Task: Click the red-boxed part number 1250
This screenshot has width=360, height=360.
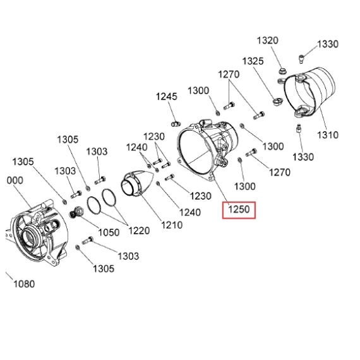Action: (x=239, y=210)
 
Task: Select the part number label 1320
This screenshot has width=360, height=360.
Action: (x=268, y=40)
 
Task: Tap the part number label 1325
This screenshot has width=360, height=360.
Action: (x=253, y=61)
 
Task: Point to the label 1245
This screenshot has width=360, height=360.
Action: (x=167, y=97)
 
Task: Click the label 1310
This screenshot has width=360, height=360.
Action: (x=328, y=135)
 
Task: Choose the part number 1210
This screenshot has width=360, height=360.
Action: (x=172, y=225)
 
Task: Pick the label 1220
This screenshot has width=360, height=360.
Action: (x=139, y=231)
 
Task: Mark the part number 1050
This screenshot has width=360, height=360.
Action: (x=109, y=232)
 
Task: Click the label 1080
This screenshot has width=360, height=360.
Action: (x=24, y=284)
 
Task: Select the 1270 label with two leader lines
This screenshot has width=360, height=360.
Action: (x=229, y=75)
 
